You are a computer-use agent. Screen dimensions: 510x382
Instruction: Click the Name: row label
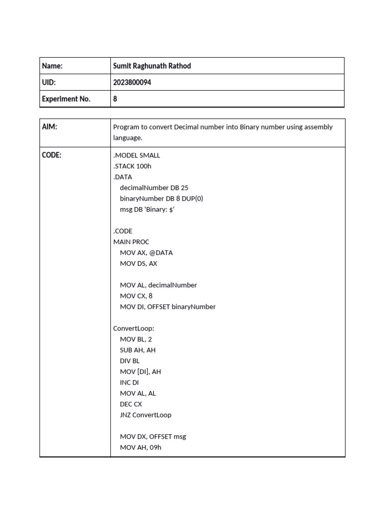(x=52, y=66)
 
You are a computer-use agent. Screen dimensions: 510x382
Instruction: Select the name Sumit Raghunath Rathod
(x=152, y=66)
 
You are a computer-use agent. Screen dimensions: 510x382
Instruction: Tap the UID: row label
(x=49, y=82)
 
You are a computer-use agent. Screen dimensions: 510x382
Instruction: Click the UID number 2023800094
(x=132, y=82)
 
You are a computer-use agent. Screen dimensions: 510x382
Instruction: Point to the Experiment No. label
(x=66, y=99)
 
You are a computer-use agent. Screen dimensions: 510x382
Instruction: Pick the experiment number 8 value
(x=115, y=99)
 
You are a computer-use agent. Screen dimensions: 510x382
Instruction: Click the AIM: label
(x=50, y=127)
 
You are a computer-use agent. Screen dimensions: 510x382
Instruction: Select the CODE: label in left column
(x=52, y=155)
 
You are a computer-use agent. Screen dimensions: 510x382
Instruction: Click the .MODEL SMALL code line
(x=137, y=155)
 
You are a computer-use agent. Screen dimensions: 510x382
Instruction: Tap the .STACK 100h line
(x=132, y=166)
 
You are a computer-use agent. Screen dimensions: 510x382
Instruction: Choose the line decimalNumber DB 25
(x=154, y=188)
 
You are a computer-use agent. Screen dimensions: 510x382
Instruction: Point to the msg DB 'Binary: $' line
(x=147, y=209)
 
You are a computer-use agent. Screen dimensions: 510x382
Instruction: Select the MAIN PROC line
(x=131, y=242)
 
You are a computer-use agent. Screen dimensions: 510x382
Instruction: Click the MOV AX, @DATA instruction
(x=146, y=253)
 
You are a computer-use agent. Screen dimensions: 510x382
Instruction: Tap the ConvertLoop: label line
(x=134, y=328)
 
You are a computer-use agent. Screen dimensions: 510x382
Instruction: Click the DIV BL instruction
(x=130, y=361)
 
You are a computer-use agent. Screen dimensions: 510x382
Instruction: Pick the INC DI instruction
(x=129, y=382)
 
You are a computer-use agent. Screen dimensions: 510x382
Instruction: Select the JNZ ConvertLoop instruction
(x=145, y=415)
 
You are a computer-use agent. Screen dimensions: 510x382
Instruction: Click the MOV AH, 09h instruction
(x=140, y=447)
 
